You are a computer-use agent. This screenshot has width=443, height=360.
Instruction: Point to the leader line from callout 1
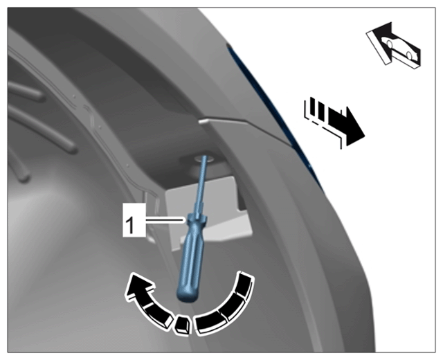[166, 219]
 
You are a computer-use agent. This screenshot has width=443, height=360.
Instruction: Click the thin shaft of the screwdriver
[199, 186]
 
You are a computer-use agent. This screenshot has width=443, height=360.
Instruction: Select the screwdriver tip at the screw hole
[204, 158]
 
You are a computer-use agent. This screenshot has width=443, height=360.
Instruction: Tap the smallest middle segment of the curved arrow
[181, 325]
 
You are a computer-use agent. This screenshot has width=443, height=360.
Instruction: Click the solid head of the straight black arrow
[354, 127]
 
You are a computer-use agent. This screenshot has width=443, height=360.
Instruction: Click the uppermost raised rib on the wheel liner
[26, 90]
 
